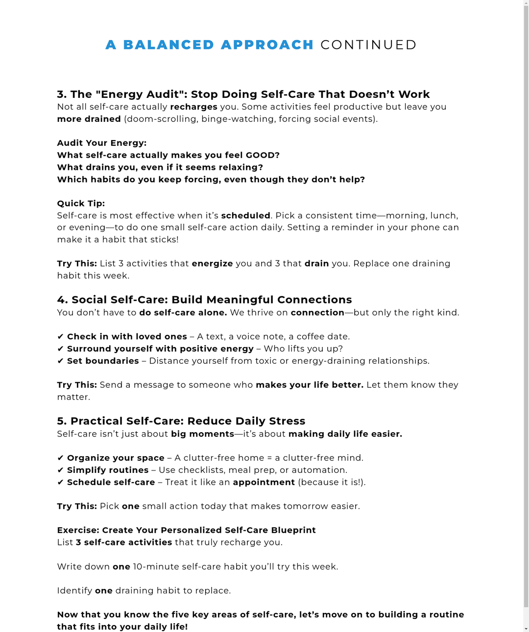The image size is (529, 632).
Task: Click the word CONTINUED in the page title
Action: click(x=368, y=45)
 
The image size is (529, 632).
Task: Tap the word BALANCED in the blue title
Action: click(x=168, y=45)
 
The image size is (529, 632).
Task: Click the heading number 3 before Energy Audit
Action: click(x=61, y=94)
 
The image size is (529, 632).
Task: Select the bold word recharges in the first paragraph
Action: click(x=193, y=107)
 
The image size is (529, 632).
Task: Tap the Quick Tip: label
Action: click(x=81, y=204)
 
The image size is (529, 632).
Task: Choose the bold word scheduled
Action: click(x=245, y=215)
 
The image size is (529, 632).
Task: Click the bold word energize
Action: click(x=212, y=263)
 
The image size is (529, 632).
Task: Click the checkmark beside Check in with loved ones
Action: click(x=60, y=337)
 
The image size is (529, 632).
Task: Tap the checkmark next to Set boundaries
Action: click(x=60, y=361)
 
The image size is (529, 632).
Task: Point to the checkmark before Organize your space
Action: click(x=60, y=458)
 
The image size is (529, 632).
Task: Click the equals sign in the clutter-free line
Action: click(x=269, y=458)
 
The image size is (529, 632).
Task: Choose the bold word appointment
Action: click(x=264, y=482)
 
